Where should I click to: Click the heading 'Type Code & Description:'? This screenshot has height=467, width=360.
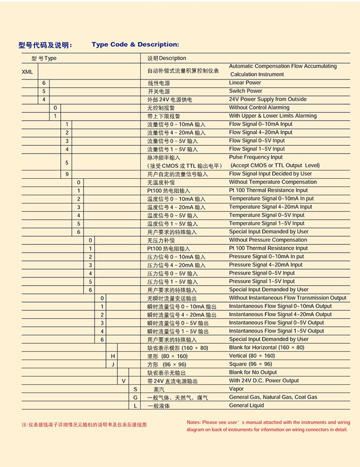click(135, 45)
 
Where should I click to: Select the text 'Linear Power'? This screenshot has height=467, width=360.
click(245, 83)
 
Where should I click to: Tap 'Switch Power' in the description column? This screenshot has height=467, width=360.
click(245, 91)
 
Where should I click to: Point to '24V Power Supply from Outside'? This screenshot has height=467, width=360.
click(267, 99)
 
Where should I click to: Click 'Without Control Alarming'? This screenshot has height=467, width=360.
click(259, 108)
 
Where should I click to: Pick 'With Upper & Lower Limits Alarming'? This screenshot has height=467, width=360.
click(273, 116)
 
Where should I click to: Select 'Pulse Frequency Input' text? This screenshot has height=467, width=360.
click(256, 157)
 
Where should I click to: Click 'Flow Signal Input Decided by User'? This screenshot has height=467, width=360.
click(270, 174)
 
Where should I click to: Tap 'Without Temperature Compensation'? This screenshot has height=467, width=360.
click(273, 182)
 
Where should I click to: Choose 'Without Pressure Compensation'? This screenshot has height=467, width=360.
click(268, 240)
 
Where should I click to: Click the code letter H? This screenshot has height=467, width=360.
click(113, 356)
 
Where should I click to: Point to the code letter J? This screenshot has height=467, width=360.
click(113, 364)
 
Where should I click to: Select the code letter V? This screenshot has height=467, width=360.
click(124, 381)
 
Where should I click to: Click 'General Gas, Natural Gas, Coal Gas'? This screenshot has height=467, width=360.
click(273, 397)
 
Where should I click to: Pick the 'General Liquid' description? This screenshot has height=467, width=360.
click(247, 405)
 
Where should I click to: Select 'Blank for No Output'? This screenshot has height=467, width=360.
click(253, 373)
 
